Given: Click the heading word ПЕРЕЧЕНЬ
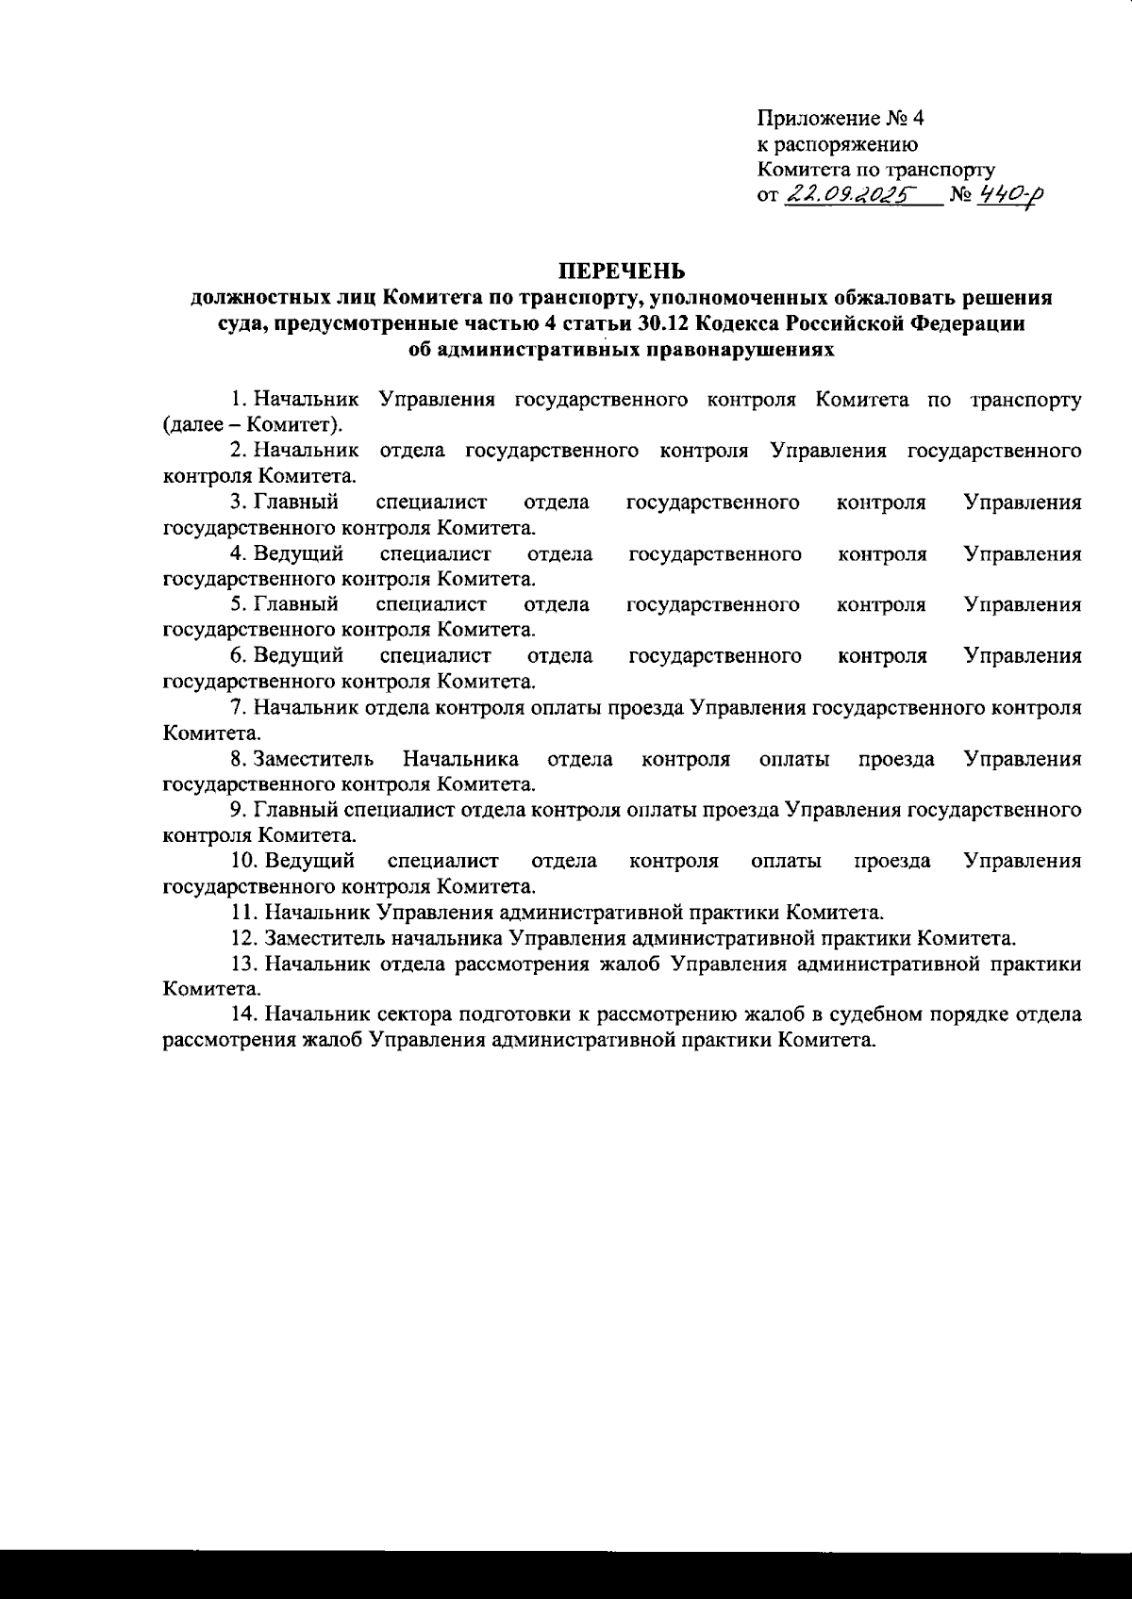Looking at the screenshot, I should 621,272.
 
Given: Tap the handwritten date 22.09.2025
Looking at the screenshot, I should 846,195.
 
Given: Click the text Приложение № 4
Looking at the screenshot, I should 841,119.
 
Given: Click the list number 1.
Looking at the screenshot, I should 239,400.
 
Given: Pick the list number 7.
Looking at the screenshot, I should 238,706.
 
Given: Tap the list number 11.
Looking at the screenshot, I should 242,912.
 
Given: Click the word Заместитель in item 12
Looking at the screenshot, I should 325,938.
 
